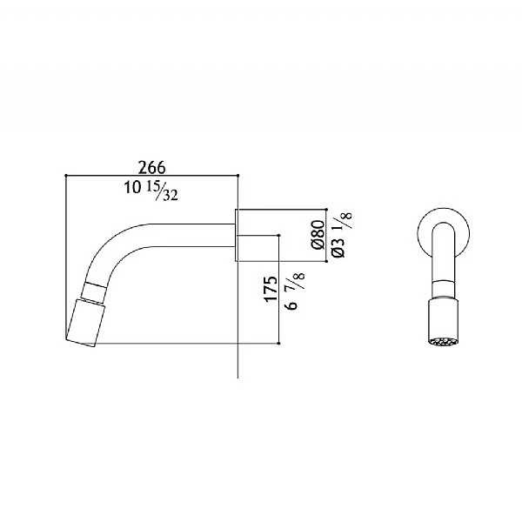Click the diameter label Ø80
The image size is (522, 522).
pyautogui.click(x=318, y=235)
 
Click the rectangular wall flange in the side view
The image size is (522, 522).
pyautogui.click(x=244, y=235)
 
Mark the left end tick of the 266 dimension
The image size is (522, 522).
pyautogui.click(x=66, y=176)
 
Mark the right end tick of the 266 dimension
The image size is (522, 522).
pyautogui.click(x=238, y=176)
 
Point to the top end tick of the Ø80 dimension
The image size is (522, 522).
pyautogui.click(x=326, y=210)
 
